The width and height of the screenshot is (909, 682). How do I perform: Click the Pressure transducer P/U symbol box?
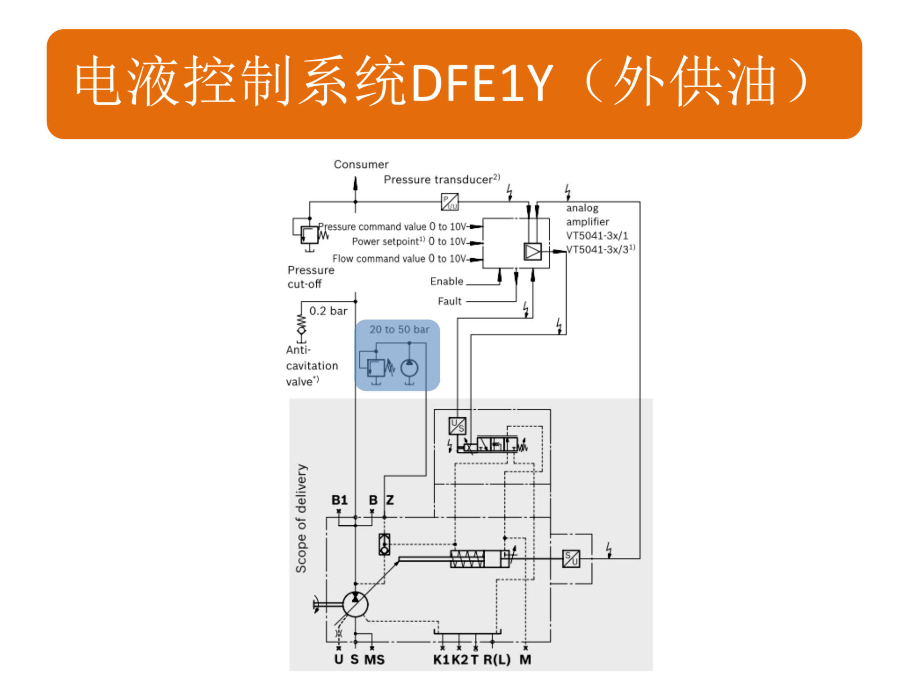[449, 202]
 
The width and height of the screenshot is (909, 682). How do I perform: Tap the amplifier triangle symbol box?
[533, 251]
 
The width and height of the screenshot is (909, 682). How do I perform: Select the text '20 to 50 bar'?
[399, 330]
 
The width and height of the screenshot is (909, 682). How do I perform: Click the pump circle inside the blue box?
[410, 368]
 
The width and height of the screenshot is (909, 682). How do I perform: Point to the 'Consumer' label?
[361, 164]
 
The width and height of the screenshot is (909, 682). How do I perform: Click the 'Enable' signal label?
[446, 281]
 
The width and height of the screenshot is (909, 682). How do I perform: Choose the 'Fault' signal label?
[449, 301]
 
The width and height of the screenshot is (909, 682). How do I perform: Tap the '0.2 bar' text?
[328, 311]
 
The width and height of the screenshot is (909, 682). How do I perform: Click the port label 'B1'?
[339, 500]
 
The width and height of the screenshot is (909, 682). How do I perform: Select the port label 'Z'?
[390, 500]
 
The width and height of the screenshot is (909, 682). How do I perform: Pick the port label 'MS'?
[374, 660]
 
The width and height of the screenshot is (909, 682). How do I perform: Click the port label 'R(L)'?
[497, 660]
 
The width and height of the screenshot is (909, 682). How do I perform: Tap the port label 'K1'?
[441, 660]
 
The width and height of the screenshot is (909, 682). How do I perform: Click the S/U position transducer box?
[571, 559]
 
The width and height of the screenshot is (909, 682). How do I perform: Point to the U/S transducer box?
[457, 426]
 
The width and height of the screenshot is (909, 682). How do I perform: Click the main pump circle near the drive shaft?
[355, 604]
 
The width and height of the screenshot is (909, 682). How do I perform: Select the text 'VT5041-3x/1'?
[597, 236]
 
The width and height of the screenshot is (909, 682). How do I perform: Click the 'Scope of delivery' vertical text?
[301, 518]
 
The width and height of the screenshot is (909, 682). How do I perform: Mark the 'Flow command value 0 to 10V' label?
[399, 259]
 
